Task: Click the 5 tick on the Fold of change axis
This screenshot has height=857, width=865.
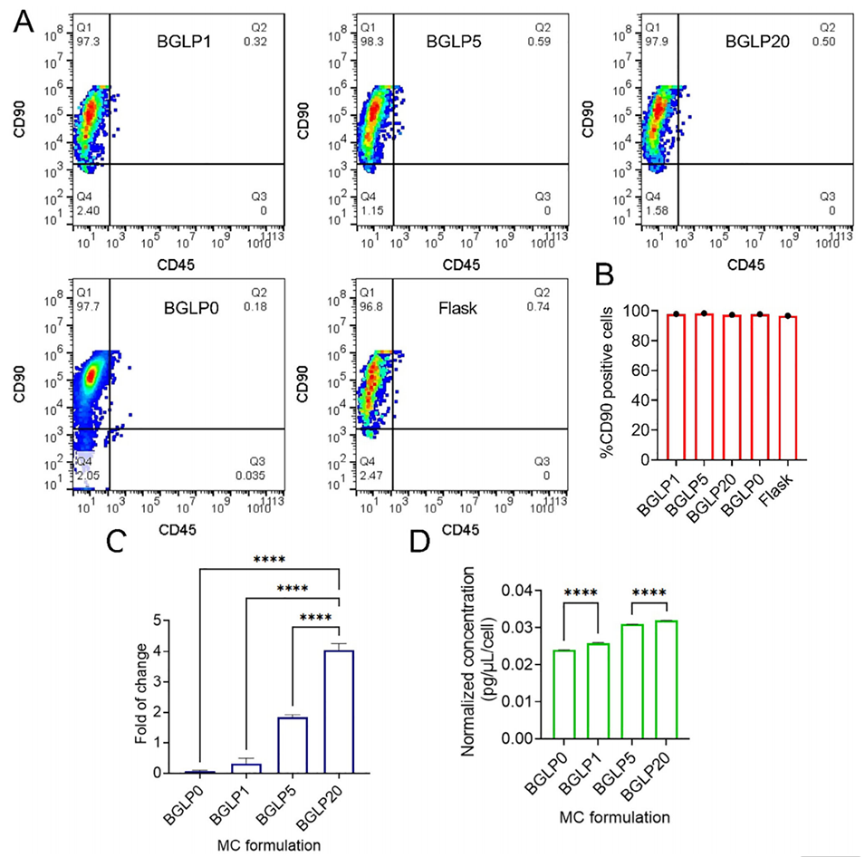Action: point(184,621)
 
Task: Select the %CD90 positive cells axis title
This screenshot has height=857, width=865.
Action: point(590,385)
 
